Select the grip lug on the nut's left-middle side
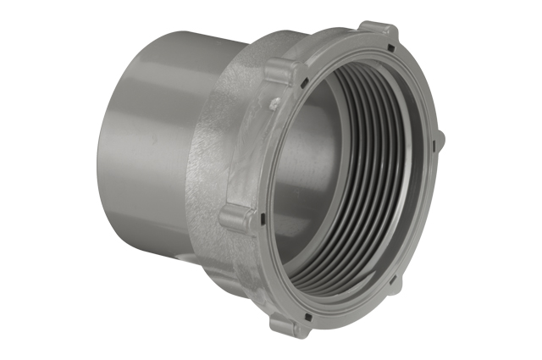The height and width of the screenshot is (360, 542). (236, 217)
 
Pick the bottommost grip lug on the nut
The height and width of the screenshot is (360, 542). (285, 321)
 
